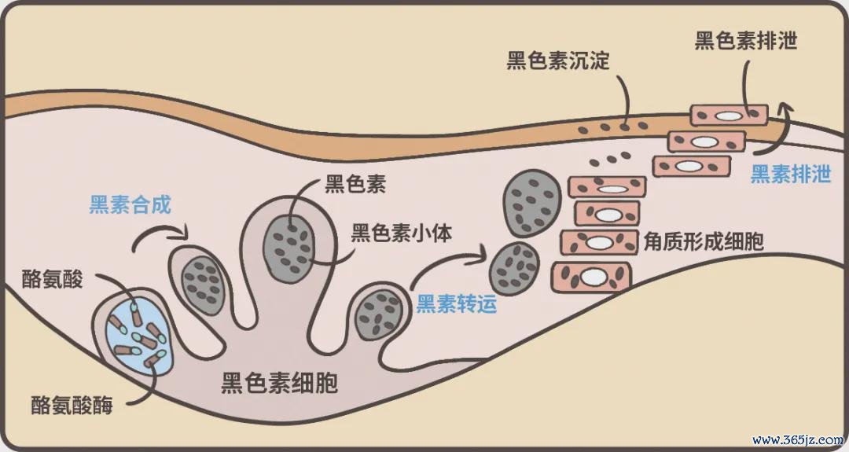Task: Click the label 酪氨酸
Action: point(52,279)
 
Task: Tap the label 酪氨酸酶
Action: point(72,404)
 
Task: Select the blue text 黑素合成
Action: point(130,204)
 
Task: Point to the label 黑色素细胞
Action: point(279,384)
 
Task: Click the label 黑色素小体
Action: point(401,233)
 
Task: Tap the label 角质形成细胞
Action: point(704,241)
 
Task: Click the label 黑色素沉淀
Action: point(558,60)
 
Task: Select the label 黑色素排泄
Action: point(746,41)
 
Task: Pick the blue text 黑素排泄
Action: point(791,175)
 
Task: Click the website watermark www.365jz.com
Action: point(798,439)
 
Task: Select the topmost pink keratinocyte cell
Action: point(729,116)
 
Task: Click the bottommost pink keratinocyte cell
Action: point(592,277)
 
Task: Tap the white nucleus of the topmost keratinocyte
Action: point(728,116)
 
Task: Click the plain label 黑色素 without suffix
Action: point(355,184)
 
